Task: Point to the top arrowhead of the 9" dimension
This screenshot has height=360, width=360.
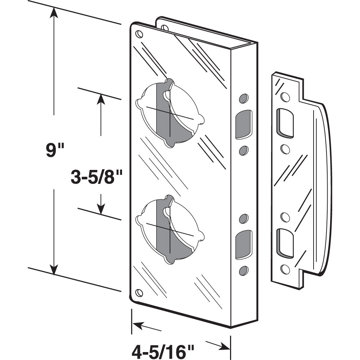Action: pyautogui.click(x=54, y=12)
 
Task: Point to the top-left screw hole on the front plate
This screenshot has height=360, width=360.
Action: pyautogui.click(x=139, y=35)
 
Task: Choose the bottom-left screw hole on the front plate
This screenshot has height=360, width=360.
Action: pyautogui.click(x=139, y=292)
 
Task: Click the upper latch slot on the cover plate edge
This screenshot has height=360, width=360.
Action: pyautogui.click(x=244, y=124)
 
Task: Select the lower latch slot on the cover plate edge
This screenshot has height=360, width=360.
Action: pyautogui.click(x=244, y=246)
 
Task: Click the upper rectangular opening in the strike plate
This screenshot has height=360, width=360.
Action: pyautogui.click(x=285, y=123)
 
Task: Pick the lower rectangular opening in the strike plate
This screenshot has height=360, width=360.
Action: pyautogui.click(x=285, y=243)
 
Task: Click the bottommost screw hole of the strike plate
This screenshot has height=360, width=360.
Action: pyautogui.click(x=285, y=269)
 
